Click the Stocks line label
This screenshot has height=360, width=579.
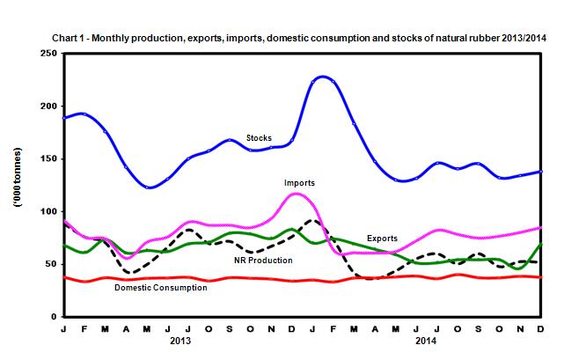pyautogui.click(x=259, y=137)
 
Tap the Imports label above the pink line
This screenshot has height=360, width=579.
pyautogui.click(x=300, y=184)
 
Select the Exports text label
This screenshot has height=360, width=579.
pyautogui.click(x=382, y=239)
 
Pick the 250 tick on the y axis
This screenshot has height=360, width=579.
pyautogui.click(x=49, y=54)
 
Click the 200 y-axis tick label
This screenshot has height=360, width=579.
pyautogui.click(x=49, y=107)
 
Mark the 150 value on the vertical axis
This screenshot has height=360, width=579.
pyautogui.click(x=49, y=159)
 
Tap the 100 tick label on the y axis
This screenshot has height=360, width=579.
pyautogui.click(x=49, y=212)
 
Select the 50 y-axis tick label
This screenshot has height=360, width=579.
pyautogui.click(x=52, y=264)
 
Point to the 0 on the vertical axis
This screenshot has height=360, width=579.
pyautogui.click(x=55, y=317)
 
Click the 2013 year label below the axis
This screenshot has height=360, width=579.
pyautogui.click(x=180, y=340)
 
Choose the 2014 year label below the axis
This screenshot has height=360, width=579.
pyautogui.click(x=426, y=340)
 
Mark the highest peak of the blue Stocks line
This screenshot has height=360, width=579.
pyautogui.click(x=323, y=77)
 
